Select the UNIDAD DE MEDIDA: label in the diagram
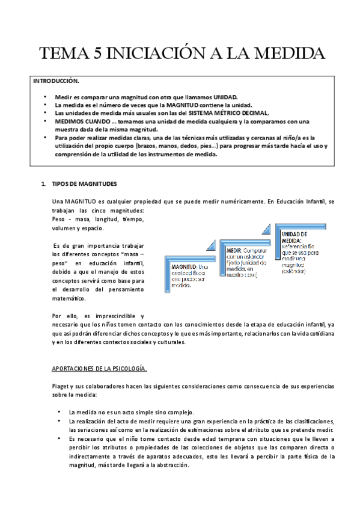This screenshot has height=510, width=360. click(295, 236)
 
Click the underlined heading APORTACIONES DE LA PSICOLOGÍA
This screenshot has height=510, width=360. click(99, 368)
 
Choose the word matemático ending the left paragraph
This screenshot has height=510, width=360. click(70, 298)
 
